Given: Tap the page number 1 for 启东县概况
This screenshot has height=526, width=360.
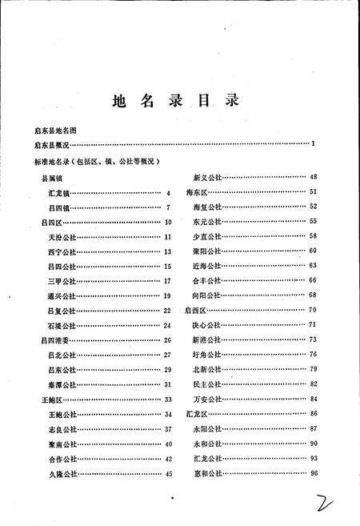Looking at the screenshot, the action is [x=314, y=143].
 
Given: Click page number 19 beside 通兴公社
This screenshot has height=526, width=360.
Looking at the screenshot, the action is [x=168, y=296].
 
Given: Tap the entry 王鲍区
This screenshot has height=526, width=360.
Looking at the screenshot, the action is [x=40, y=399].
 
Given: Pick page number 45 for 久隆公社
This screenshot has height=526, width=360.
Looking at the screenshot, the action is [x=168, y=474].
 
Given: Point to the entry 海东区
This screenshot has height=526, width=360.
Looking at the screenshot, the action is [x=197, y=193].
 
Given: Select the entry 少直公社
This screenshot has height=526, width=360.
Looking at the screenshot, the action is [x=206, y=236].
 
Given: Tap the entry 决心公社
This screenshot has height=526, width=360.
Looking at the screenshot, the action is [x=206, y=325].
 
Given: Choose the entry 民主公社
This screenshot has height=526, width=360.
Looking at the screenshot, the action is [x=206, y=384].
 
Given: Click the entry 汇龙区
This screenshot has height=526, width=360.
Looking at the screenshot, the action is [x=197, y=414].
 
